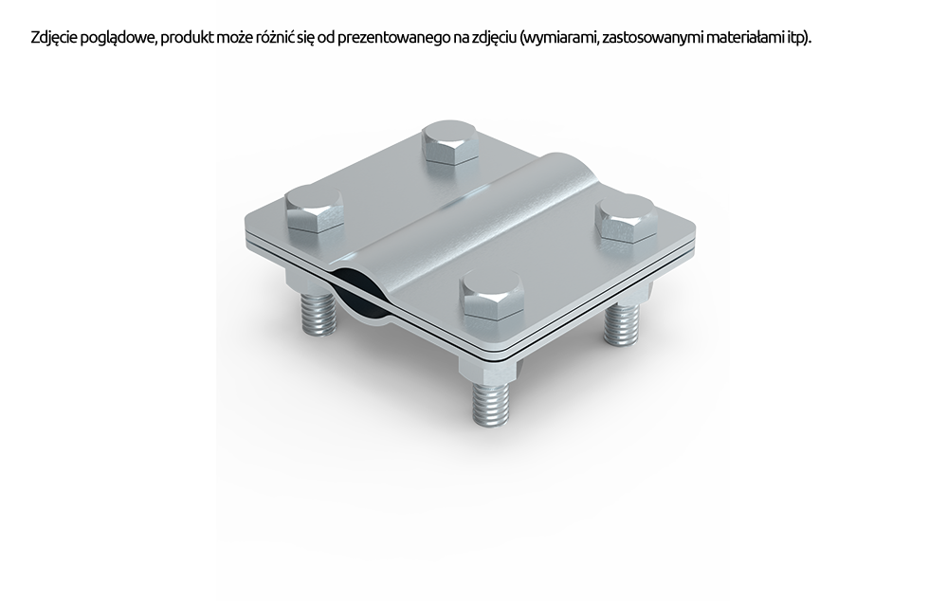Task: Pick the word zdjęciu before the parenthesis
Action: pyautogui.click(x=494, y=39)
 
